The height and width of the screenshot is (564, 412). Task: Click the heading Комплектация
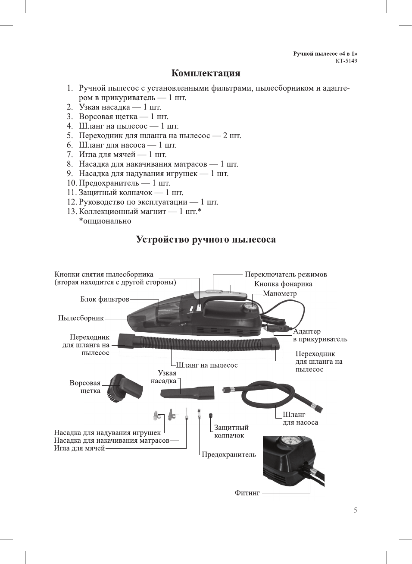206,73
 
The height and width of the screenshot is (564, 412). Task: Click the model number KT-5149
346,61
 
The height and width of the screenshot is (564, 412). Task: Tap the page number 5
355,510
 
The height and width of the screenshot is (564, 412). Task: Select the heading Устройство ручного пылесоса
206,239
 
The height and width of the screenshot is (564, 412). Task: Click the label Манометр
280,293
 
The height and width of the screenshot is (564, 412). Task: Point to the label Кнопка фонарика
283,284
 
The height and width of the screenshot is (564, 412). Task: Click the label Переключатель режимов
286,274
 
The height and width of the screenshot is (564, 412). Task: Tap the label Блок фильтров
105,299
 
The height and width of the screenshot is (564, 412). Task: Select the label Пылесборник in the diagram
81,318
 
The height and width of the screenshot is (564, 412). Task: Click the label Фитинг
247,493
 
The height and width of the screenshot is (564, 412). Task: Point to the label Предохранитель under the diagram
229,454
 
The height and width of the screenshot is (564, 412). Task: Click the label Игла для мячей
79,448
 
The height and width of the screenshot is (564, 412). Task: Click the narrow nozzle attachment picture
188,392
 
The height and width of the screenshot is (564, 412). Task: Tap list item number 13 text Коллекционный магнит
140,211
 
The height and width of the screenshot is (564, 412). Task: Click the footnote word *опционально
105,221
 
